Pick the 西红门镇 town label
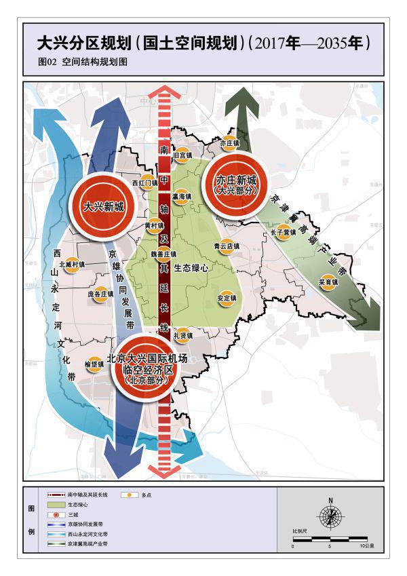coord(144,183)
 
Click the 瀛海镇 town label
coord(182,197)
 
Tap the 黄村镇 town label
coord(155,225)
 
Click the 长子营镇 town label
coord(283,232)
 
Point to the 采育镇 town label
coord(328,281)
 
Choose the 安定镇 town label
coord(227,298)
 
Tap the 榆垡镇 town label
coord(94,364)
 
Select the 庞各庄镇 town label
coord(101,294)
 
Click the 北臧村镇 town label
coord(72,265)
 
